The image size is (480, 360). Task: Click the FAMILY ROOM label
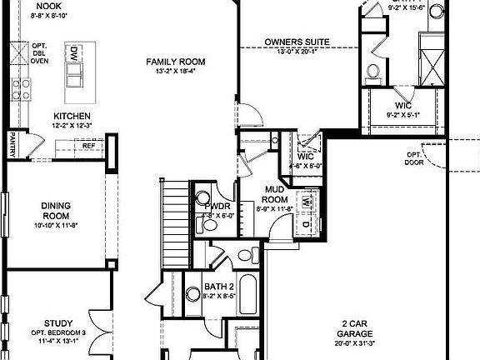[175, 62]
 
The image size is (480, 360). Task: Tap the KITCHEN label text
[72, 116]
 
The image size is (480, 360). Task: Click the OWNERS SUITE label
[297, 41]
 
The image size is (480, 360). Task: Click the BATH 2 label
[220, 285]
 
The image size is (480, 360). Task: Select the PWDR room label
[217, 206]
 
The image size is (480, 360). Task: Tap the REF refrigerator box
[87, 146]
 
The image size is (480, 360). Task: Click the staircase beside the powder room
[173, 208]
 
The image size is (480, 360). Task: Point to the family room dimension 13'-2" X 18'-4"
[175, 72]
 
